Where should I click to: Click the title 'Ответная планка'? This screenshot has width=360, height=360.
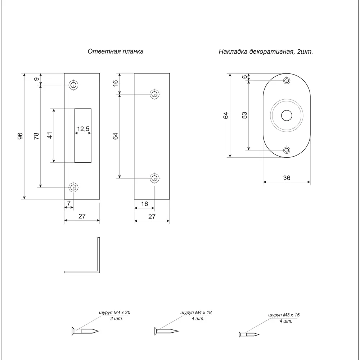click(116, 51)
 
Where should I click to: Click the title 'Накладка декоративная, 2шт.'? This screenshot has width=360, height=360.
click(266, 51)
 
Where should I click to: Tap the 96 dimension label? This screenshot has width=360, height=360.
click(20, 136)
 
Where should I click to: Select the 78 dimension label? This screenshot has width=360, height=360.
click(36, 136)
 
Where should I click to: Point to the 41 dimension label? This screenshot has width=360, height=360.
click(50, 135)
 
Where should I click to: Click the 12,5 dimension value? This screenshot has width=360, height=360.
click(83, 129)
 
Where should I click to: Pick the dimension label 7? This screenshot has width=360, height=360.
click(68, 204)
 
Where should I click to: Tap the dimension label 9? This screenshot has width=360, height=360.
click(36, 79)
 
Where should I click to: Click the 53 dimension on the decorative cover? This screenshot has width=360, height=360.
click(245, 115)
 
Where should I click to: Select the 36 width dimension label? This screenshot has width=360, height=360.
click(287, 177)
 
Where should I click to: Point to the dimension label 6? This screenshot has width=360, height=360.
click(245, 77)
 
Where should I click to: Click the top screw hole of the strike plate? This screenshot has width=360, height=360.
click(73, 85)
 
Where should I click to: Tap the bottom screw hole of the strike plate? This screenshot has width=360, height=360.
click(73, 187)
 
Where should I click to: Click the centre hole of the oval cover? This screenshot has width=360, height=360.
click(287, 116)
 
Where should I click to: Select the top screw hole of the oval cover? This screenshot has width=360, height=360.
click(287, 81)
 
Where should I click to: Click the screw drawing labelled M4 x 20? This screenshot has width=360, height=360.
click(85, 330)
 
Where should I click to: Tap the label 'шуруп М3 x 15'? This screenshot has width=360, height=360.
click(284, 315)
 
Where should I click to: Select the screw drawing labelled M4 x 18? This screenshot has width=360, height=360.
click(166, 330)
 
